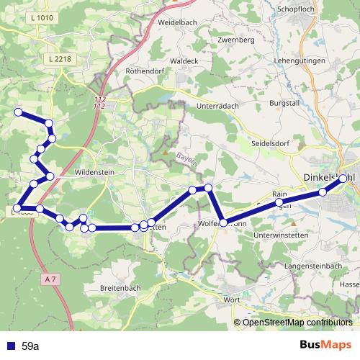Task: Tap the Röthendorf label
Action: click(x=146, y=71)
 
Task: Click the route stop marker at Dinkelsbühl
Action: click(x=343, y=178)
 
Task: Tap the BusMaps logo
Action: click(x=325, y=345)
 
